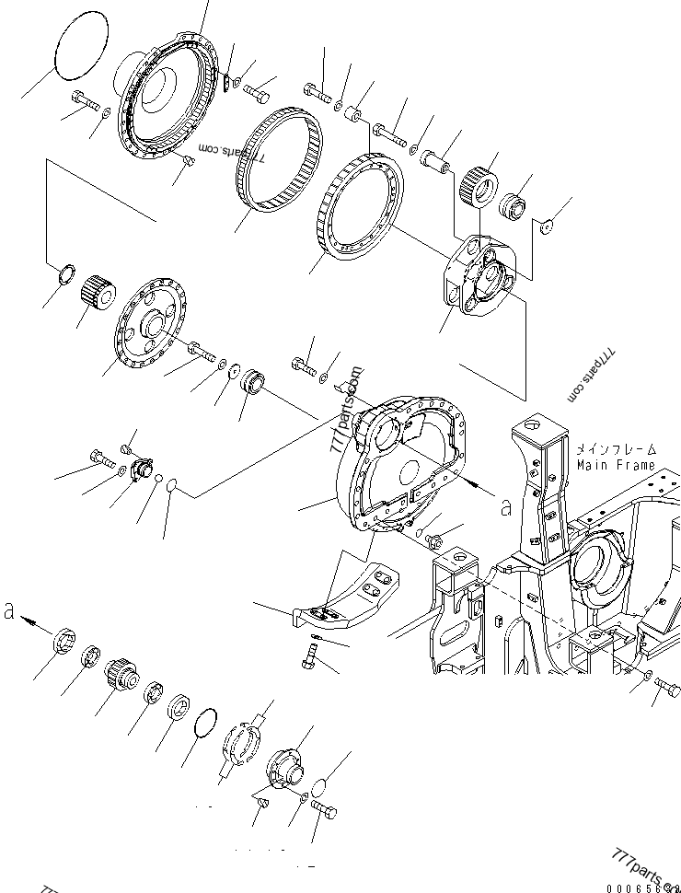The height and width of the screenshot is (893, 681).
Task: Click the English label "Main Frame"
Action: point(616,466)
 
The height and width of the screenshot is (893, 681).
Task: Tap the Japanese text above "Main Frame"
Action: point(616,449)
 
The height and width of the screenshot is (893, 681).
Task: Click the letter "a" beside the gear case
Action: point(504,505)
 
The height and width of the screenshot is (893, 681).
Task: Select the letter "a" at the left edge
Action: point(9,611)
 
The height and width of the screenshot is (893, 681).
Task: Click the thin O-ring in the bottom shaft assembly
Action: point(208,725)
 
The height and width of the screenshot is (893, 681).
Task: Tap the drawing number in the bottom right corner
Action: point(642,886)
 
